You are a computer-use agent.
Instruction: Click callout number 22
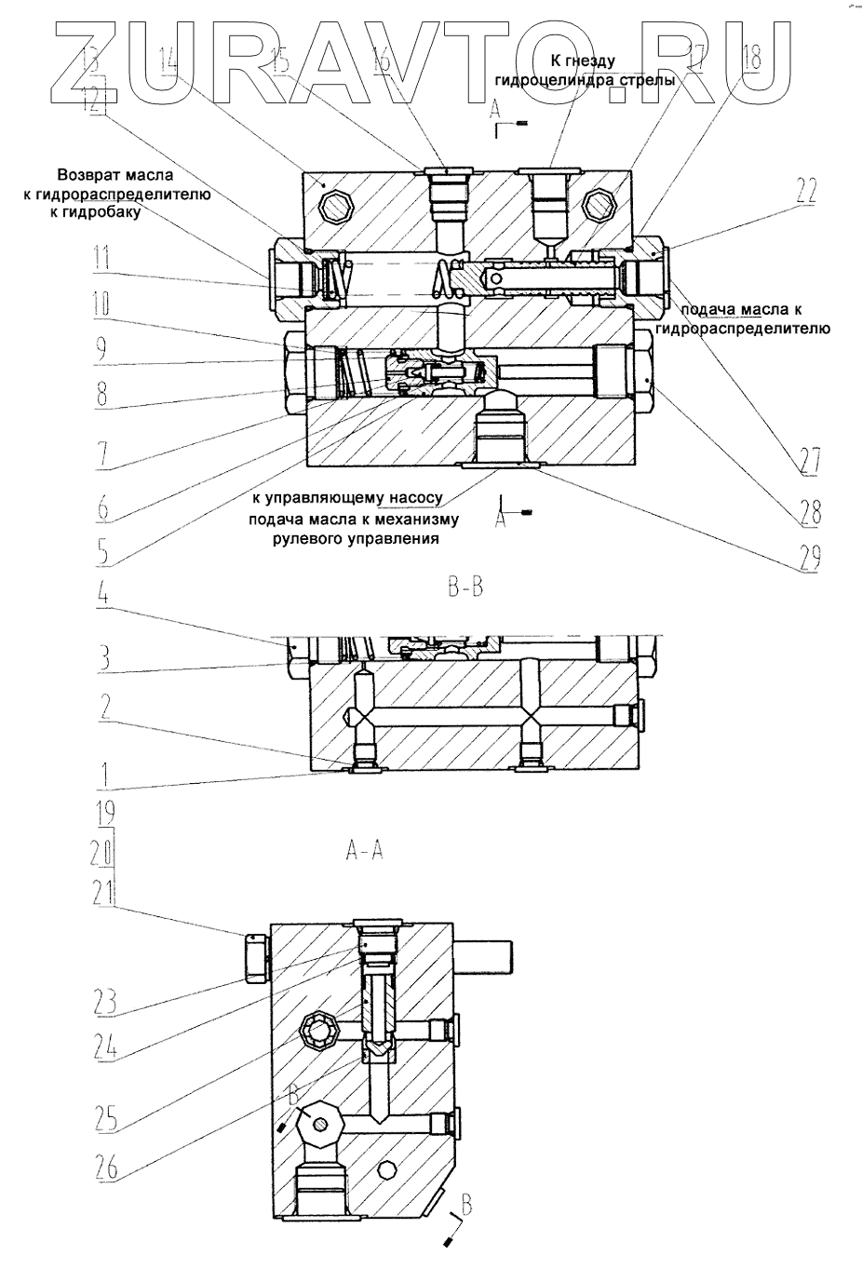pyautogui.click(x=805, y=193)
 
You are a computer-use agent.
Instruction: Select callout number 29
pyautogui.click(x=806, y=556)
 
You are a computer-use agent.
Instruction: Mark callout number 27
pyautogui.click(x=806, y=459)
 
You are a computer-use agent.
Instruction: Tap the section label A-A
pyautogui.click(x=364, y=850)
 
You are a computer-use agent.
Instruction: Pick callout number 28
pyautogui.click(x=806, y=511)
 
